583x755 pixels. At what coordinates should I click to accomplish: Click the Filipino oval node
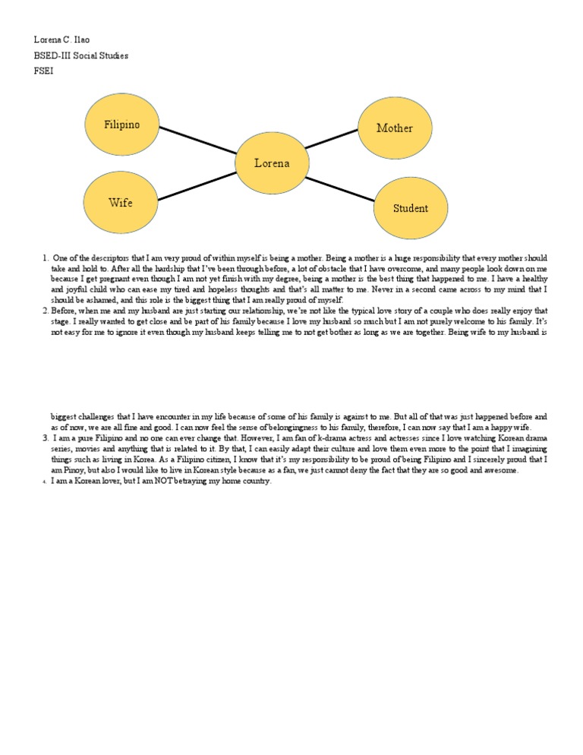tap(121, 125)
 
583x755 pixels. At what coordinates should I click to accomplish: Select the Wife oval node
tap(120, 202)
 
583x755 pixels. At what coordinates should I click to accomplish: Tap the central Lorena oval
tap(271, 163)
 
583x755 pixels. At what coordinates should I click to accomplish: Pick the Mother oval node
tap(394, 128)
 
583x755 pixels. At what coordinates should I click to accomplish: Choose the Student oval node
tap(410, 208)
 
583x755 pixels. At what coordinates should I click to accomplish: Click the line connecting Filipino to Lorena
tap(198, 140)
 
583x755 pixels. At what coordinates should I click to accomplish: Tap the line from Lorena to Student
tap(340, 188)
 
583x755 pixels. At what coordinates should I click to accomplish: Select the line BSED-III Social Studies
tap(81, 55)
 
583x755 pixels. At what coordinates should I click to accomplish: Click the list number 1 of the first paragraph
tap(46, 259)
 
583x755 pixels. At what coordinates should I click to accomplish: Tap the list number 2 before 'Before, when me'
tap(46, 311)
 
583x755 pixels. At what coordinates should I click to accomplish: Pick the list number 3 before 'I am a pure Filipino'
tap(46, 438)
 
